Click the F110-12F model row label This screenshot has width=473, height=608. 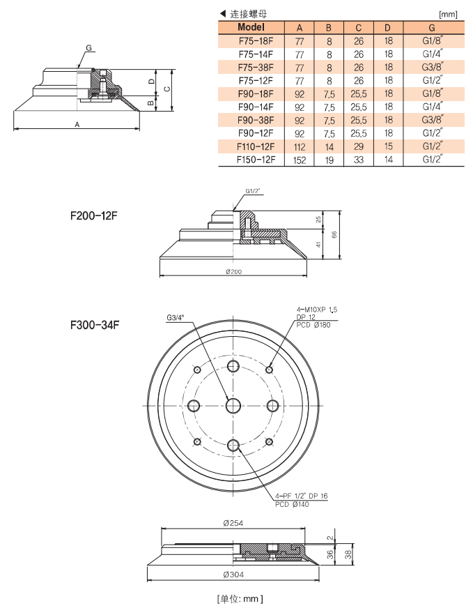tap(256, 146)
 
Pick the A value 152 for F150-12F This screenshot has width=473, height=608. tap(300, 160)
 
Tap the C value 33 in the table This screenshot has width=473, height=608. tap(358, 160)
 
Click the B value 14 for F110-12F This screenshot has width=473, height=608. tap(329, 146)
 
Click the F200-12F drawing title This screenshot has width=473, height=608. tap(94, 216)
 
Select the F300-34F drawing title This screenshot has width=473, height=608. tap(94, 324)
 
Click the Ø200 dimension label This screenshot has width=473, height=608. tap(233, 271)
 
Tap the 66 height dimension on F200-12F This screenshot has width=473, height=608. tap(334, 235)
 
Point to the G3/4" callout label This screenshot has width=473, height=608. tap(177, 318)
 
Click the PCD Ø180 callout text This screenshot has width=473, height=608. tap(313, 325)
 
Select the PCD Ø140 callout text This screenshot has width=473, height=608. tap(292, 503)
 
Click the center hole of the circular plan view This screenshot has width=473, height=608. tap(233, 405)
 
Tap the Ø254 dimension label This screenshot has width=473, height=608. tap(233, 523)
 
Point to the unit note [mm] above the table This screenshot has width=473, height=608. tap(447, 14)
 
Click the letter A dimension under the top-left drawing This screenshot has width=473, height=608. tap(77, 123)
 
